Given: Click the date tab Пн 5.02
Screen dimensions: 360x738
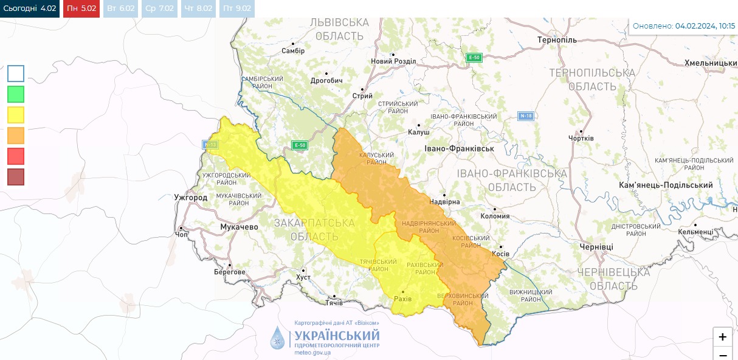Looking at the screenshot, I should click(81, 9).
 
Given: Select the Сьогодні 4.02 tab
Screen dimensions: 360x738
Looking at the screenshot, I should click(30, 9).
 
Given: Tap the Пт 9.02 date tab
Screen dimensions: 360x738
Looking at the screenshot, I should click(236, 9).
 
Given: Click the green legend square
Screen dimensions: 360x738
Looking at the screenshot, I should click(16, 94).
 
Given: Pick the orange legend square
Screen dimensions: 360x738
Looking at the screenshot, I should click(16, 136).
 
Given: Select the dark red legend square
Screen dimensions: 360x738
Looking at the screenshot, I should click(16, 177).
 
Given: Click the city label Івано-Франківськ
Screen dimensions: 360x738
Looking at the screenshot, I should click(458, 148).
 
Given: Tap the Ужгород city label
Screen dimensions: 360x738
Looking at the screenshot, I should click(190, 198).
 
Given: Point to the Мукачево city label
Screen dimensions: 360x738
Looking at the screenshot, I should click(238, 227).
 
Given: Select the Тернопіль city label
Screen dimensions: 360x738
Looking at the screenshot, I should click(557, 40).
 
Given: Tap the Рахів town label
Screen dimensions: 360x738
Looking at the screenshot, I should click(402, 299).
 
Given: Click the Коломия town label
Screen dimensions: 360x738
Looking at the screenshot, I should click(494, 216).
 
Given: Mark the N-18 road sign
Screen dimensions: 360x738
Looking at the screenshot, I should click(526, 116).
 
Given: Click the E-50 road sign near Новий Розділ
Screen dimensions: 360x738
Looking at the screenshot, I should click(474, 58).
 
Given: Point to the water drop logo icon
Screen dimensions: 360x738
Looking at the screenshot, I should click(277, 337).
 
